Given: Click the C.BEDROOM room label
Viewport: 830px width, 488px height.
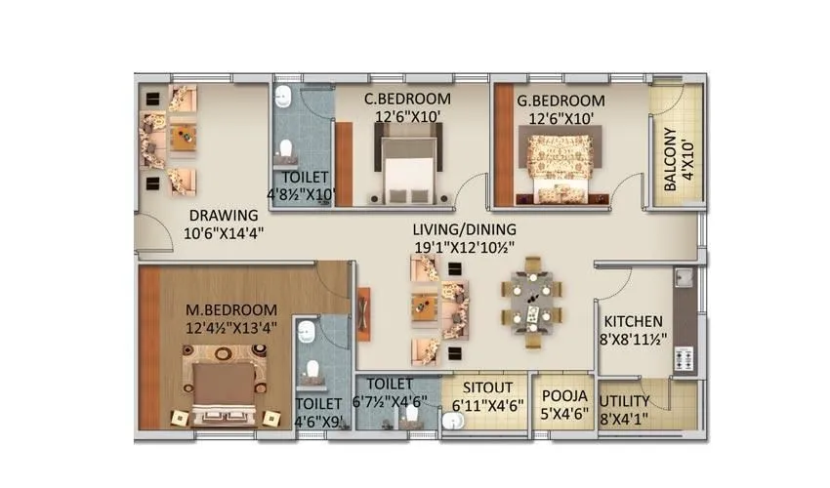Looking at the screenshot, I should [x=407, y=99].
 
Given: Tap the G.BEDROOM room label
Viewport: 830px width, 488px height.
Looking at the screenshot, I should [x=560, y=101].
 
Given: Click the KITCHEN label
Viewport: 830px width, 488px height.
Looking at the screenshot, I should [x=633, y=321].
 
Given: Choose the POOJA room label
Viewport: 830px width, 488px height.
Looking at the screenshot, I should [x=564, y=395].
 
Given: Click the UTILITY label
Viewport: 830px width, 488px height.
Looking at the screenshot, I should [x=626, y=401].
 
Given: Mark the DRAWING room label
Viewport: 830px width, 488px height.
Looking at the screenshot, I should [x=224, y=216].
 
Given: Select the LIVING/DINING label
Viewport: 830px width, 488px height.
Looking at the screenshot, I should [x=464, y=229].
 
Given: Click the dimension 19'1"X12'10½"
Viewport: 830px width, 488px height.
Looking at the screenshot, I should [x=464, y=247].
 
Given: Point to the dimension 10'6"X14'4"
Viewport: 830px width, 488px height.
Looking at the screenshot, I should [x=224, y=233].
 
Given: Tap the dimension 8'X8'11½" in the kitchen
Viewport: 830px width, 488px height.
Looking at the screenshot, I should [x=633, y=340].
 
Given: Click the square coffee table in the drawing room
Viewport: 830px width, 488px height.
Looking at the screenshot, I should [x=185, y=137].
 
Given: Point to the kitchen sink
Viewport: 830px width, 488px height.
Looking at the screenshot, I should [x=682, y=281].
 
